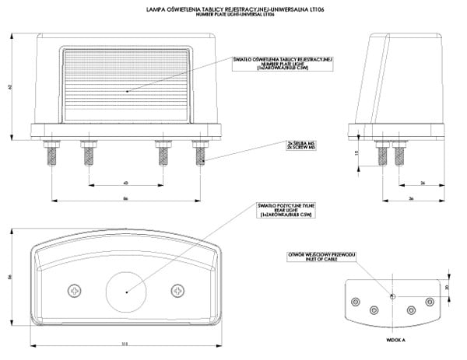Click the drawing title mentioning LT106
coord(234,10)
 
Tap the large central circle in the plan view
coord(126,289)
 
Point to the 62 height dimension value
coord(9,86)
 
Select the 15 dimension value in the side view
coord(356,154)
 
